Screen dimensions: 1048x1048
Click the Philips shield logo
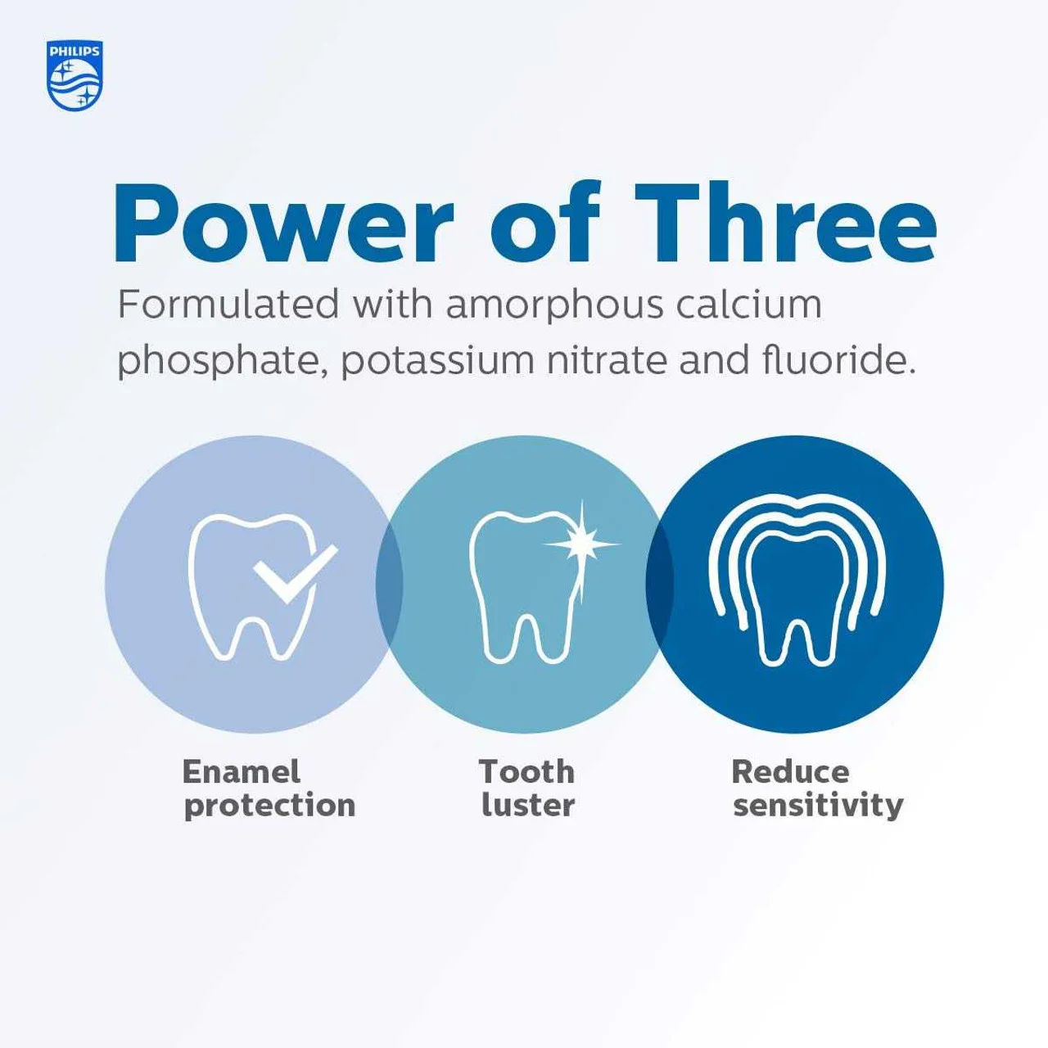coord(75,75)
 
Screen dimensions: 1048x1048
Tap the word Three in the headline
coord(786,222)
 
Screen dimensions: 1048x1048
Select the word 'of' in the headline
coord(544,222)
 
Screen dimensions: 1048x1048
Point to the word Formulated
coord(228,305)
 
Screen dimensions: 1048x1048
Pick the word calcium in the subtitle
coord(749,305)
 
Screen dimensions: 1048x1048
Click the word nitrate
coord(607,360)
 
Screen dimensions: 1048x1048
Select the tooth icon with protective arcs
coord(797,580)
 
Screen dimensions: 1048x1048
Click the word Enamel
coord(241,772)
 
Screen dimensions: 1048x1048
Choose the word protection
coord(269,806)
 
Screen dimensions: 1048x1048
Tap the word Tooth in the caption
coord(526,772)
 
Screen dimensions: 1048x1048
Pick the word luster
coord(528,805)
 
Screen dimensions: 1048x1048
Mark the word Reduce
coord(790,772)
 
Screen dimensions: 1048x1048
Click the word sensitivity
coord(818,806)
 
